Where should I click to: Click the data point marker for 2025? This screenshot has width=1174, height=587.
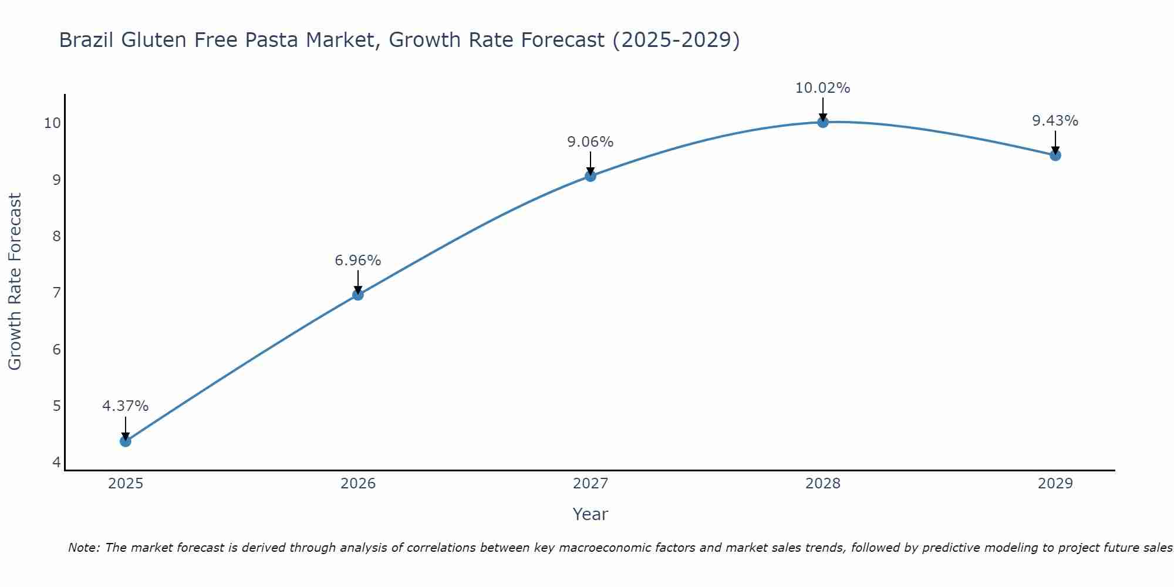[x=125, y=441]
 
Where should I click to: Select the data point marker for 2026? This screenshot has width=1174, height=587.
[x=357, y=295]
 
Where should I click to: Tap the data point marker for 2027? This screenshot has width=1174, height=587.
[x=590, y=176]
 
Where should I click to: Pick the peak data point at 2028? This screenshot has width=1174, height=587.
[x=822, y=122]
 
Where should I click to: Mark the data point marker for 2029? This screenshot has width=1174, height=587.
[x=1055, y=155]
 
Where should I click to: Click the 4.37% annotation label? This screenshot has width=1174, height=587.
[x=125, y=406]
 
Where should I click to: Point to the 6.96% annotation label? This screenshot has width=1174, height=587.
[x=357, y=260]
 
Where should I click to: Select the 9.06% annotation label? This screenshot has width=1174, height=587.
[x=590, y=141]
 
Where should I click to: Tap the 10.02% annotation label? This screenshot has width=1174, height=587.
[x=822, y=88]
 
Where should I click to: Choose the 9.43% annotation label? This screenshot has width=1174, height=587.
[x=1055, y=121]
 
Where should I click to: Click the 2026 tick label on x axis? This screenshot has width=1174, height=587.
[x=357, y=484]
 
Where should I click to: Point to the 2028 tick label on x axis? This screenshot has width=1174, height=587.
[x=822, y=484]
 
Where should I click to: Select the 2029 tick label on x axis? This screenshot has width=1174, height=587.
[x=1055, y=484]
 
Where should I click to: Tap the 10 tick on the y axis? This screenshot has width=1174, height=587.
[x=52, y=123]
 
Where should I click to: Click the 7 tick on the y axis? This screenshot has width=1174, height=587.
[x=56, y=292]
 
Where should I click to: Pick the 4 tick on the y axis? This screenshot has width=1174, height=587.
[x=56, y=462]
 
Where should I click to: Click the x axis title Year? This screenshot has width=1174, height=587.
[x=590, y=514]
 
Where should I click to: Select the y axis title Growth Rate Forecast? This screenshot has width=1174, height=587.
[x=15, y=282]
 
